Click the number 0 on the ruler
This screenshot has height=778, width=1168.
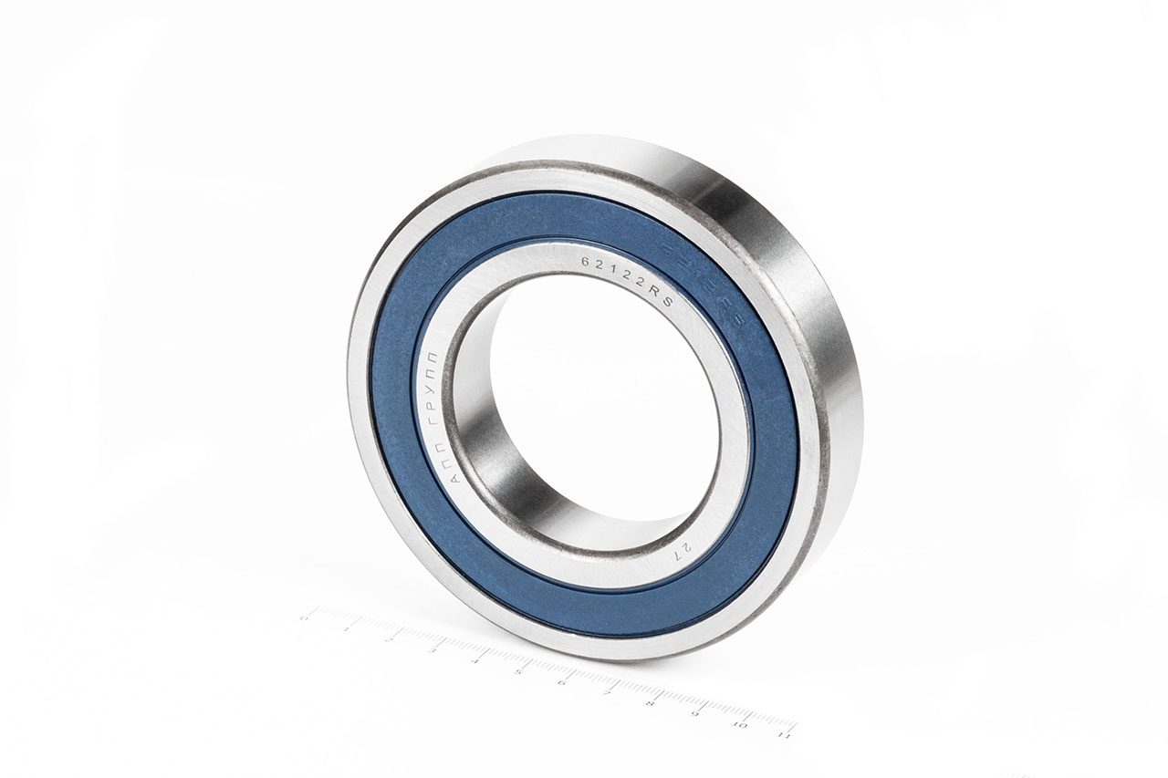[304, 617]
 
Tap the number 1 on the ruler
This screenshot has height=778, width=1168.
[347, 628]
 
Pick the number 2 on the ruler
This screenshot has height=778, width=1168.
[390, 639]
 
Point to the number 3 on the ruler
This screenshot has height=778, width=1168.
[433, 650]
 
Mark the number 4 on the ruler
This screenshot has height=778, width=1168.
[475, 661]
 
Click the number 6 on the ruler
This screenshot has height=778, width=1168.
[562, 682]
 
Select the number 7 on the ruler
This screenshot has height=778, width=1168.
[606, 693]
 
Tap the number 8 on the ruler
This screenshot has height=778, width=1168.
[650, 703]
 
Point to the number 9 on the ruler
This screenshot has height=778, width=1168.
[694, 714]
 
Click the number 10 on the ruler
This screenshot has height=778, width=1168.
[739, 724]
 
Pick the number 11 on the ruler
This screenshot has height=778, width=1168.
[783, 733]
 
